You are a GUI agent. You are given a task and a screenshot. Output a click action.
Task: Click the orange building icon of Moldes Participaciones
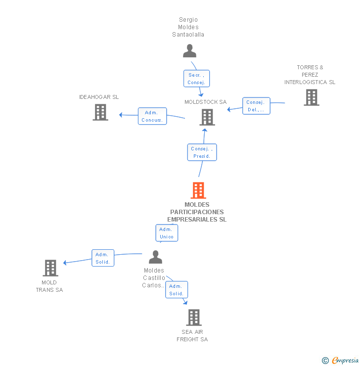198,190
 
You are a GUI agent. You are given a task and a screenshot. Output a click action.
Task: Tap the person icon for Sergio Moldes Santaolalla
189,51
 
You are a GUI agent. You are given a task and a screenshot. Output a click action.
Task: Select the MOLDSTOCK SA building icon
207,117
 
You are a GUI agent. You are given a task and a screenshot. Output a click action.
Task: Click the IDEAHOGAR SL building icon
100,112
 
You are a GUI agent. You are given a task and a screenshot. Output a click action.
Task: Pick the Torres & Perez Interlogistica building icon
311,97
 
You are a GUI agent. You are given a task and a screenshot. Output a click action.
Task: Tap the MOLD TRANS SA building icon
50,268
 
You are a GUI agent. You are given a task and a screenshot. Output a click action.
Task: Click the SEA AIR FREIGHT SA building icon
194,318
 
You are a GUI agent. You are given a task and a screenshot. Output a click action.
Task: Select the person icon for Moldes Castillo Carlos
155,257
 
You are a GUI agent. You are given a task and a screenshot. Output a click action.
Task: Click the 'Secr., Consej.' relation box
196,79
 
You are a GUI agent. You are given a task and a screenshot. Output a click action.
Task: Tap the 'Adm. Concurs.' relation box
152,116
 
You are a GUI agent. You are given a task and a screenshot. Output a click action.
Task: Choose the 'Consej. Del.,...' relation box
256,106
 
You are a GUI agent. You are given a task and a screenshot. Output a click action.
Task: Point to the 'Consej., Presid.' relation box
202,152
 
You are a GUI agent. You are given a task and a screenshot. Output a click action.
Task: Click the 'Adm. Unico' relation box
167,233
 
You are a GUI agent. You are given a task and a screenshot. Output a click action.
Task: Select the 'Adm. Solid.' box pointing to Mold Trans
103,258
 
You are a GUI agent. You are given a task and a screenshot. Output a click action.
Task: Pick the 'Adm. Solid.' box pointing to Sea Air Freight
177,290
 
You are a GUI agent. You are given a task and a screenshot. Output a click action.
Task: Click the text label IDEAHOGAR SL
99,97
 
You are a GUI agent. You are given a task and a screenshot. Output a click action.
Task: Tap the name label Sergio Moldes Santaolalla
188,27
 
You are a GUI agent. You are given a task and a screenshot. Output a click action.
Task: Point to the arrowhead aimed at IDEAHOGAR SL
121,115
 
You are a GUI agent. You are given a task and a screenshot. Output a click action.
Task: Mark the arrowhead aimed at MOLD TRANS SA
65,263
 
